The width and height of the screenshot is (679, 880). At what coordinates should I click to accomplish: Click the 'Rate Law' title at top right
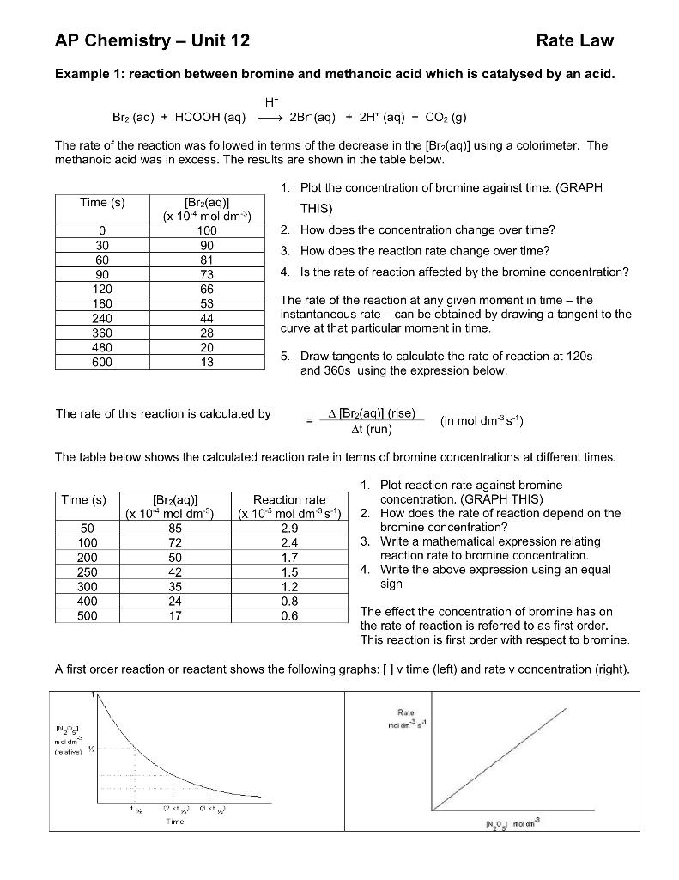(574, 40)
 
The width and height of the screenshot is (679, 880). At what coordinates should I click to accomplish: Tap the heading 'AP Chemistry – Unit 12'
(152, 40)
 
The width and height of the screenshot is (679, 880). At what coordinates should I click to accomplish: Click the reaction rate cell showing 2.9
(289, 527)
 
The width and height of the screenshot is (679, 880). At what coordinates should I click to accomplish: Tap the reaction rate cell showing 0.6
(289, 615)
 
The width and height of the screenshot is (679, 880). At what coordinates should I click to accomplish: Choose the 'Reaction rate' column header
(289, 499)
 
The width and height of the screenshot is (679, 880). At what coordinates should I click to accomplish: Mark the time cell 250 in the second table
(88, 571)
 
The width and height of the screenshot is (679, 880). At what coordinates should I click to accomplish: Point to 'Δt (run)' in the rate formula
(372, 428)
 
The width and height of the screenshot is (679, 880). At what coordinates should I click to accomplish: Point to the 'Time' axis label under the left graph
(174, 822)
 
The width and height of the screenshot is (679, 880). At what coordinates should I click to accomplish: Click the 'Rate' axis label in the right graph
(407, 712)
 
